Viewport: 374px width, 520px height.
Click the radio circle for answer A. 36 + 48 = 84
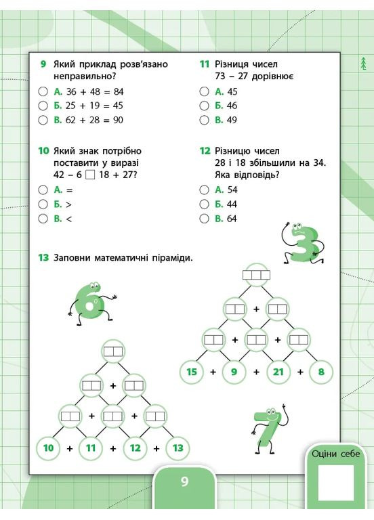(43, 91)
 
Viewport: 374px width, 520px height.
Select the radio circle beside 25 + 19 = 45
(43, 106)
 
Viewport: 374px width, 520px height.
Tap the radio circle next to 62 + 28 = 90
(43, 120)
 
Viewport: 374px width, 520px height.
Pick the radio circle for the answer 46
(204, 106)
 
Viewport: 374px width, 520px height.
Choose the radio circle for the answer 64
(204, 219)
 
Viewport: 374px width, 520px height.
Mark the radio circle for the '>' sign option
(43, 204)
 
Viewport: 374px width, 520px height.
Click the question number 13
(43, 257)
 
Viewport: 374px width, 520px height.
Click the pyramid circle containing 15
(192, 371)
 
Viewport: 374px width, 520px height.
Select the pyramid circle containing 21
(278, 371)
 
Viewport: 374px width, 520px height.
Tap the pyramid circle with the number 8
(321, 371)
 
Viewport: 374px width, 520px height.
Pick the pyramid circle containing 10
(48, 448)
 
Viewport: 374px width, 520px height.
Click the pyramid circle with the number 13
(178, 448)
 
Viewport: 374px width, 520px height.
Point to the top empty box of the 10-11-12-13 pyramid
(113, 351)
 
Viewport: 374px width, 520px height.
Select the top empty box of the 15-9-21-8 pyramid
(257, 275)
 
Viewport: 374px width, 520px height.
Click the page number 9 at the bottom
(184, 482)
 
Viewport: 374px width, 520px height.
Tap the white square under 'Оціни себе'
(336, 483)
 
